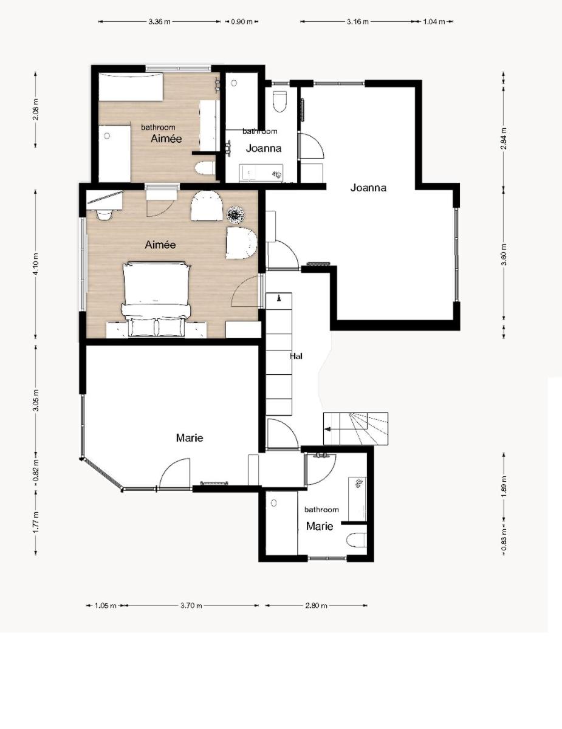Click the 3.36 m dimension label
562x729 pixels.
pyautogui.click(x=159, y=22)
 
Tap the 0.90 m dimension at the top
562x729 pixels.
pyautogui.click(x=242, y=22)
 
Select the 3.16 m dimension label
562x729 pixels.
pyautogui.click(x=358, y=22)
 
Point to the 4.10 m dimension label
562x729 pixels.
pyautogui.click(x=36, y=264)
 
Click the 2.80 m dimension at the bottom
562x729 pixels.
pyautogui.click(x=316, y=606)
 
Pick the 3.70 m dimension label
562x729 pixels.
pyautogui.click(x=191, y=606)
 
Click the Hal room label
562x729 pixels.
pyautogui.click(x=296, y=356)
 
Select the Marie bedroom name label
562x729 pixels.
pyautogui.click(x=190, y=438)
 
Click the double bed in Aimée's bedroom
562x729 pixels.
pyautogui.click(x=157, y=299)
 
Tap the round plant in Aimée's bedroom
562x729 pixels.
pyautogui.click(x=236, y=214)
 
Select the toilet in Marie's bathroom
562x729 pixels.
pyautogui.click(x=356, y=541)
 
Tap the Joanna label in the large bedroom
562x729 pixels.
pyautogui.click(x=368, y=188)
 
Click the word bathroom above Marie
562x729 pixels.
pyautogui.click(x=321, y=510)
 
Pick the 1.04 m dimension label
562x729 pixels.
pyautogui.click(x=434, y=22)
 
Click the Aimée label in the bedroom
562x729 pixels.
pyautogui.click(x=160, y=245)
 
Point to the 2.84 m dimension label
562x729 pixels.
pyautogui.click(x=504, y=139)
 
